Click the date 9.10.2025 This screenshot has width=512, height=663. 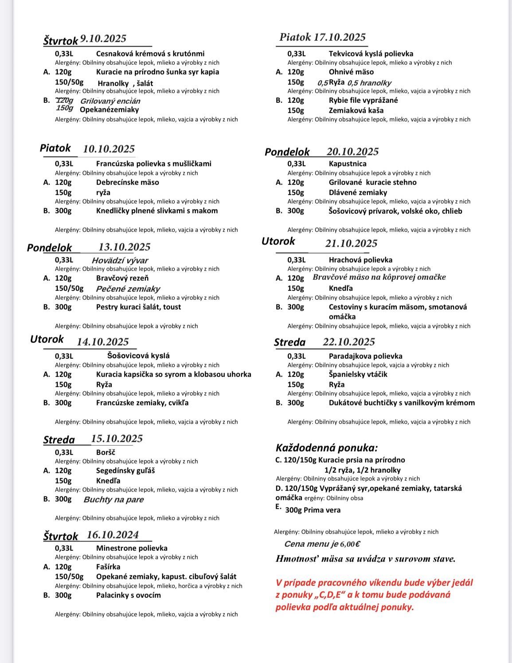[x=103, y=39]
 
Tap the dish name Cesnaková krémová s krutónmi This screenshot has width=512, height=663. [x=150, y=54]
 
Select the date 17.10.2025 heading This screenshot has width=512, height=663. [x=340, y=37]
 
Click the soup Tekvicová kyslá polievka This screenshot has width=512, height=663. [x=371, y=54]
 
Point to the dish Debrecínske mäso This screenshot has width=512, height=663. [x=127, y=182]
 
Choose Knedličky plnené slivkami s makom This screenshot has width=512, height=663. [x=157, y=211]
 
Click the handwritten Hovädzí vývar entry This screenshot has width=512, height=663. [x=120, y=261]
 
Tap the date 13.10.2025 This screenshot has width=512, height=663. [x=124, y=247]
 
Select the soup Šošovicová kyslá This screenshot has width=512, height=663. [x=138, y=356]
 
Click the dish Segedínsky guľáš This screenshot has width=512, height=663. [x=125, y=471]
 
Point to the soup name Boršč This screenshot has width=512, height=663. [x=106, y=452]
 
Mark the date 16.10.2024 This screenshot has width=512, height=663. [x=113, y=535]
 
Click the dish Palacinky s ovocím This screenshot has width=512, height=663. [x=129, y=595]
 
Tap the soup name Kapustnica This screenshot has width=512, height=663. [x=348, y=164]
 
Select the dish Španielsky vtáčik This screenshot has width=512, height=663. [x=358, y=374]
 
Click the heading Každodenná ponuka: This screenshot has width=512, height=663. [x=327, y=448]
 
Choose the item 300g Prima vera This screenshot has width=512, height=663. [x=313, y=510]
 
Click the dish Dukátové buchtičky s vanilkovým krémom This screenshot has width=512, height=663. [x=402, y=403]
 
